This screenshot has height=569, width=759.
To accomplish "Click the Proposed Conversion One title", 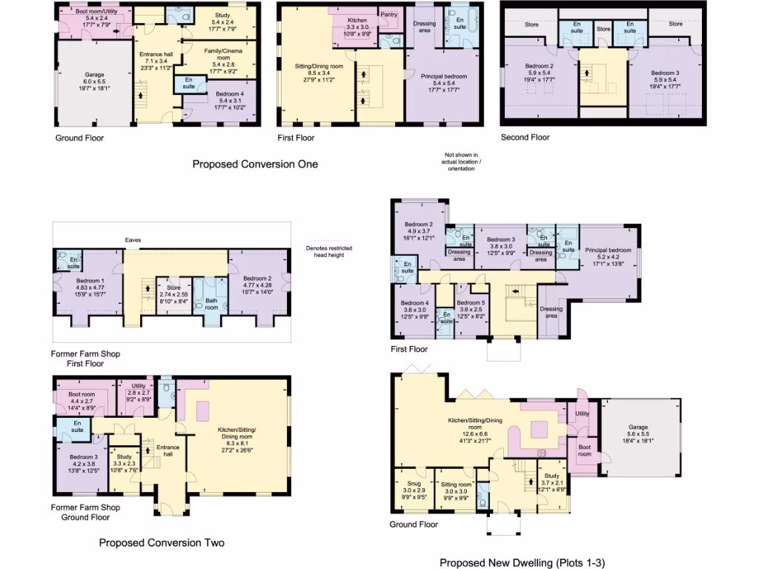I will click(x=255, y=164).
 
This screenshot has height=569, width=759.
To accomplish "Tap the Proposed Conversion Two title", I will click(x=162, y=542).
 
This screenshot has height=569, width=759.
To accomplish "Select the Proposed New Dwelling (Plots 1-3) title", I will click(x=522, y=563).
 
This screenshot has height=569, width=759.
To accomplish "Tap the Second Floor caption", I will click(x=525, y=137).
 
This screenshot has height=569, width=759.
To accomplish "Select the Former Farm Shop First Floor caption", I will click(x=86, y=359).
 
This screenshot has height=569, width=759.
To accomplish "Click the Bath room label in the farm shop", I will click(x=211, y=304).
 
